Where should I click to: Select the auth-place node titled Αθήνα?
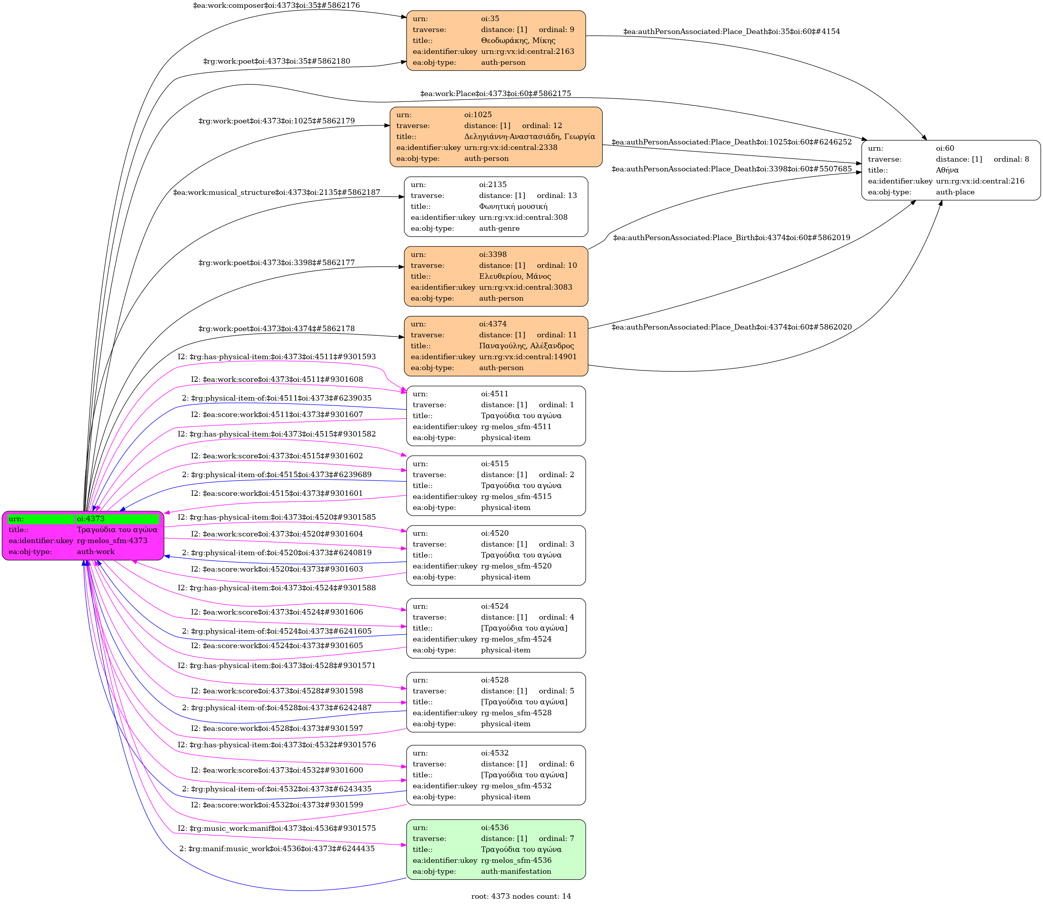pyautogui.click(x=950, y=170)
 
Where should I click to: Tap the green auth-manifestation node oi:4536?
pyautogui.click(x=496, y=850)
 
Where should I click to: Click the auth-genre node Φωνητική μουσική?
pyautogui.click(x=496, y=207)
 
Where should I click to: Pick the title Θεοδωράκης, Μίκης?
pyautogui.click(x=518, y=40)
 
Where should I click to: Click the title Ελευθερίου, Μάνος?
pyautogui.click(x=515, y=276)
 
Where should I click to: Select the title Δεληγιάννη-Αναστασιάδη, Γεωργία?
pyautogui.click(x=530, y=136)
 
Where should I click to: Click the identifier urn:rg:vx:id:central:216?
pyautogui.click(x=980, y=181)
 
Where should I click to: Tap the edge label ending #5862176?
pyautogui.click(x=276, y=5)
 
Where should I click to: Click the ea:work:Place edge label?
pyautogui.click(x=495, y=93)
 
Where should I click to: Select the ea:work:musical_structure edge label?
pyautogui.click(x=276, y=192)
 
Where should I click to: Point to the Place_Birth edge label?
pyautogui.click(x=731, y=237)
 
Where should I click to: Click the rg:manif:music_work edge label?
pyautogui.click(x=277, y=848)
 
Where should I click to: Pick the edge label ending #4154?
pyautogui.click(x=731, y=31)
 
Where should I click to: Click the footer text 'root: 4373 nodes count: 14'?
pyautogui.click(x=521, y=896)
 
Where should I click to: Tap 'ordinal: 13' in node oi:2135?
pyautogui.click(x=556, y=196)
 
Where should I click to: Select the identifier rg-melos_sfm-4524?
pyautogui.click(x=516, y=639)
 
